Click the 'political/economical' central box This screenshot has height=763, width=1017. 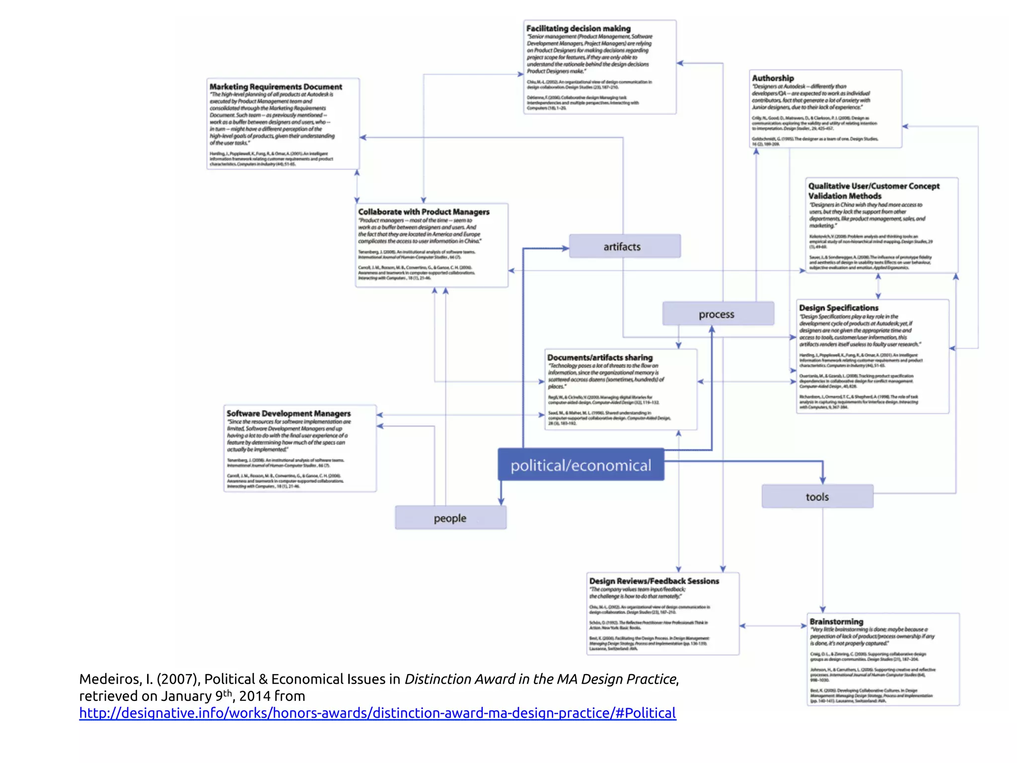click(581, 465)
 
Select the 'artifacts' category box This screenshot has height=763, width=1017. click(624, 246)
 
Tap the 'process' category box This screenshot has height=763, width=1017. click(718, 314)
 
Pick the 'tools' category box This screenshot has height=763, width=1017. click(817, 497)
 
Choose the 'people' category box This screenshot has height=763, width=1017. click(450, 518)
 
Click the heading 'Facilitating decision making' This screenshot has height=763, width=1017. click(578, 28)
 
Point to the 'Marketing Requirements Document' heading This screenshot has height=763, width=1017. click(276, 86)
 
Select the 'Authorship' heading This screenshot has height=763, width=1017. click(773, 78)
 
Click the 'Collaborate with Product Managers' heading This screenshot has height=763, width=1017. click(424, 212)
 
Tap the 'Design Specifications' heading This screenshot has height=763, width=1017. click(838, 308)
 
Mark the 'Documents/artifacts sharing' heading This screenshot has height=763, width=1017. click(600, 357)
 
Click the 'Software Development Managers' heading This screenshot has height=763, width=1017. click(289, 413)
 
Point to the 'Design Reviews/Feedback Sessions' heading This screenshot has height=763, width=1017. click(654, 581)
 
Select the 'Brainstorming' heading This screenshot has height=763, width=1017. click(836, 621)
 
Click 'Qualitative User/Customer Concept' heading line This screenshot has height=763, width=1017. click(873, 186)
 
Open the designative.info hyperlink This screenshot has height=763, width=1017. click(377, 713)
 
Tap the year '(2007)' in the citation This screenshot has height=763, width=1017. click(178, 679)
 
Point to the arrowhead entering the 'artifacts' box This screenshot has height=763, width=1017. click(566, 248)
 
